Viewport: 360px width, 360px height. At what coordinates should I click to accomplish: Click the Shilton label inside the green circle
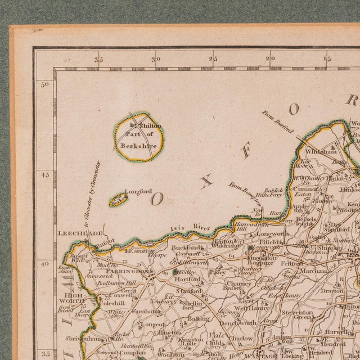tap(150, 126)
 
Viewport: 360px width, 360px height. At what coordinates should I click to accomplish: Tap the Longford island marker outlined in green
tap(118, 199)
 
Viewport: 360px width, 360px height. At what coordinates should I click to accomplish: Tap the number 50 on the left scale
tap(45, 84)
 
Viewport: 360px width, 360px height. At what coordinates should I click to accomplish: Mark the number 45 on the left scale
tap(45, 174)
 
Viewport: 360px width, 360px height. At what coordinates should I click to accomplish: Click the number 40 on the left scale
tap(45, 263)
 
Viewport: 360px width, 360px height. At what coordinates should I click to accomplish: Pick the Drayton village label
tap(332, 291)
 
